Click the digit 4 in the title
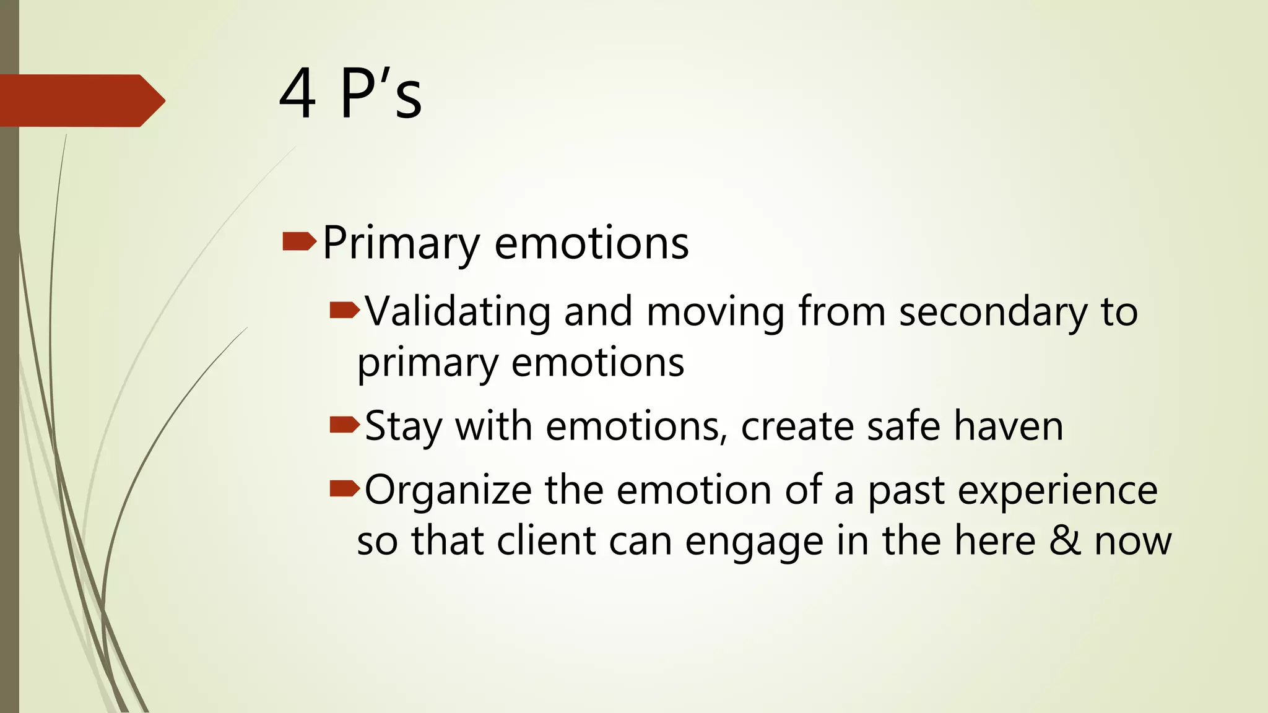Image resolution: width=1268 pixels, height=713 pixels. (x=298, y=94)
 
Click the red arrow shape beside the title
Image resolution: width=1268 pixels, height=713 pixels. (x=80, y=100)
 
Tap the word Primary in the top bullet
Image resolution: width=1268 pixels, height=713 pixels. (x=401, y=243)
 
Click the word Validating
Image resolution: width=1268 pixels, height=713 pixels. (x=458, y=311)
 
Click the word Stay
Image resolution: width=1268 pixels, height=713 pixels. (x=403, y=426)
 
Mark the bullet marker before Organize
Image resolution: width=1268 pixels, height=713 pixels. (x=344, y=489)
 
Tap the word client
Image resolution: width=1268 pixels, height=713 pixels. (x=546, y=540)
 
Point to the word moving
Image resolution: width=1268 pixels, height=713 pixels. (x=715, y=312)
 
